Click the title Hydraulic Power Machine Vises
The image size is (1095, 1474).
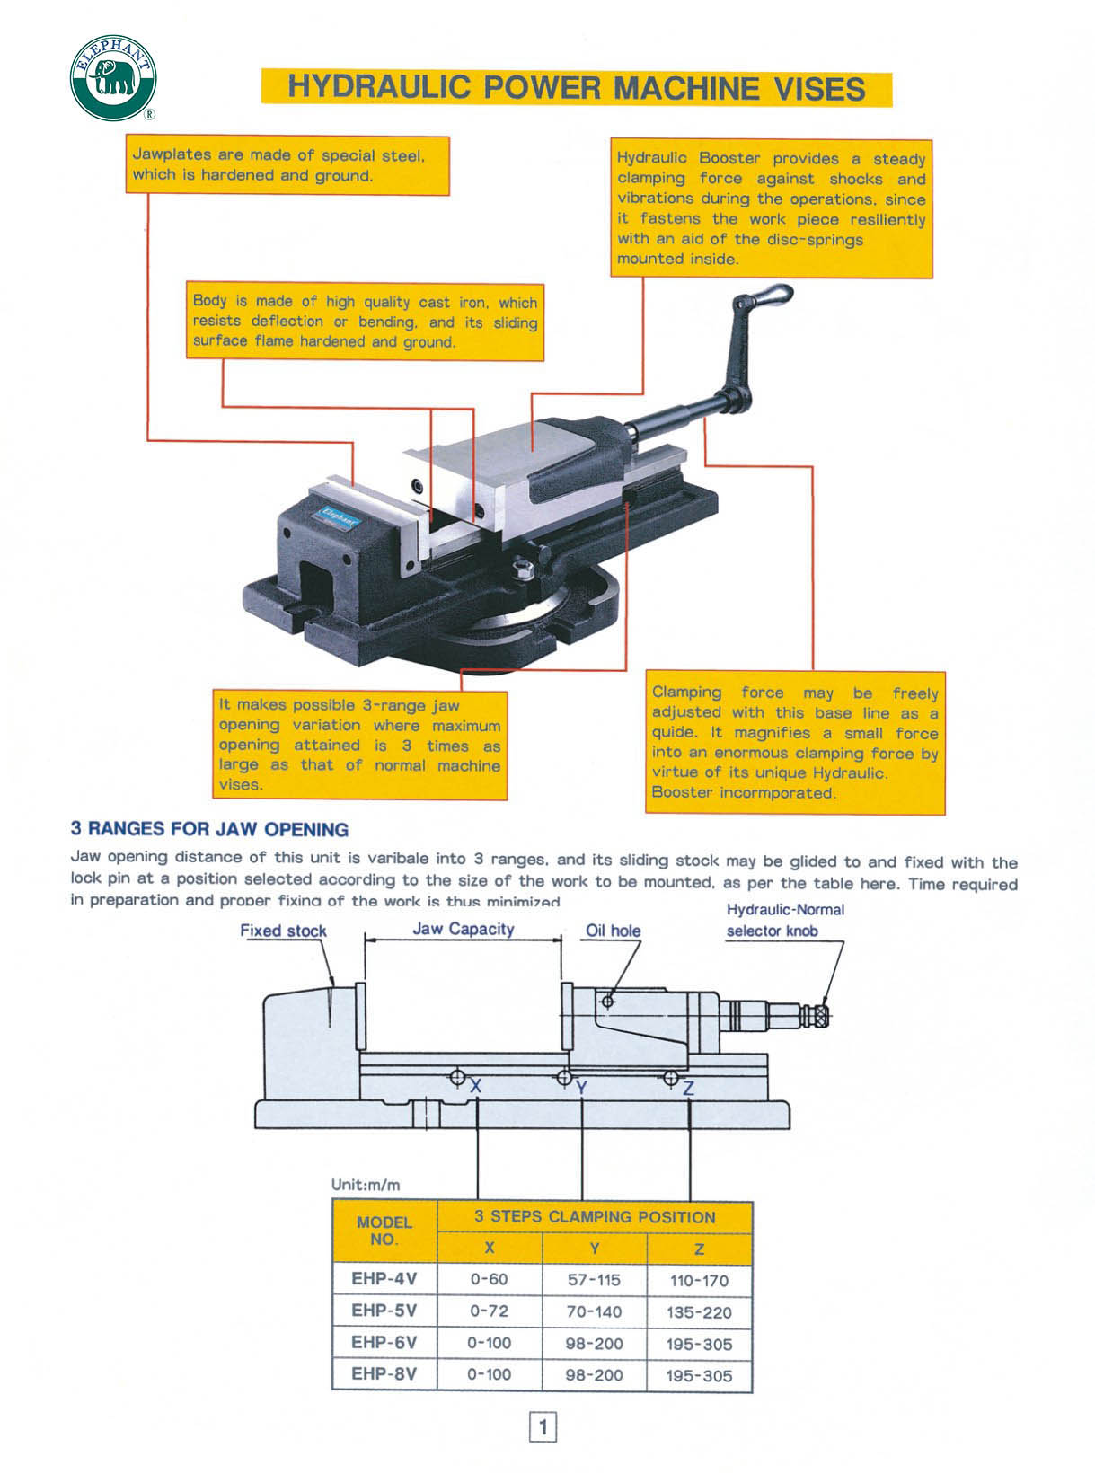[x=576, y=89]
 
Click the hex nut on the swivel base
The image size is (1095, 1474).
[x=520, y=568]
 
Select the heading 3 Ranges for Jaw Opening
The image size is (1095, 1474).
[x=209, y=829]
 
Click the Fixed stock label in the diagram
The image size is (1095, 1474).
[x=283, y=931]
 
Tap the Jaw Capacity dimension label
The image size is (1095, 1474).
[x=463, y=929]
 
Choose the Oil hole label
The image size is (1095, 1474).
[x=614, y=931]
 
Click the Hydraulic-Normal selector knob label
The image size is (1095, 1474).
[x=785, y=920]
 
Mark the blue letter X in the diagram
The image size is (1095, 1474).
[x=476, y=1086]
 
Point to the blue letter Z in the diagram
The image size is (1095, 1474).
[x=688, y=1088]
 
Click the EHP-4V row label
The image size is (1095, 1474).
[x=384, y=1278]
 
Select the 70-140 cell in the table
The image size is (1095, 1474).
[x=594, y=1311]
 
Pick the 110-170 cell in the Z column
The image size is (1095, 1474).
[x=699, y=1280]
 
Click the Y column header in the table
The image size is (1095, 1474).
[x=595, y=1249]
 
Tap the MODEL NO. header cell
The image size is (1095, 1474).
[x=384, y=1231]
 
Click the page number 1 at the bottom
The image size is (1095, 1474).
[x=543, y=1426]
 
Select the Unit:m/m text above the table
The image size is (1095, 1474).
[x=366, y=1185]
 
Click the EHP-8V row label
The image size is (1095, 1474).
[x=384, y=1374]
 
